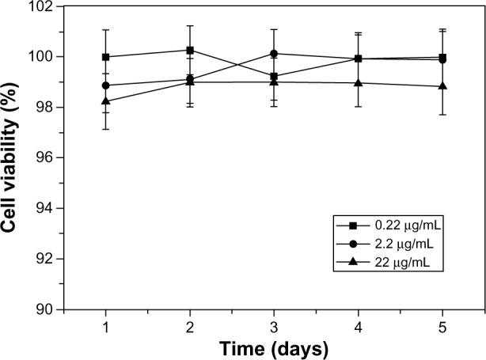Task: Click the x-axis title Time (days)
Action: point(274,347)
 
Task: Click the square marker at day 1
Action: point(105,57)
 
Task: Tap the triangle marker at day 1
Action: point(105,100)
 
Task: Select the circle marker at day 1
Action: point(105,85)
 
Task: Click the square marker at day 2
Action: point(190,50)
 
